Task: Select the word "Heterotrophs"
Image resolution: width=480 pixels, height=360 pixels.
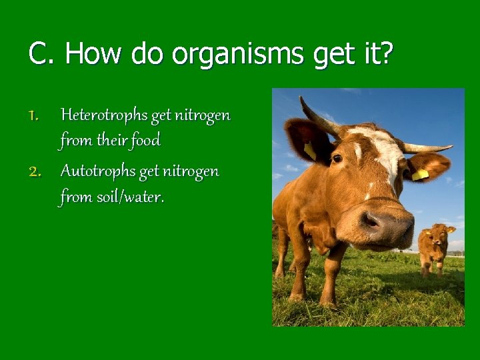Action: coord(104,115)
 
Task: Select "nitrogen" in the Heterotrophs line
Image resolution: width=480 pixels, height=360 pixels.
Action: coord(203,115)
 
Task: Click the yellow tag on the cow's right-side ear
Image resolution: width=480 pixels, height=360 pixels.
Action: coord(419,175)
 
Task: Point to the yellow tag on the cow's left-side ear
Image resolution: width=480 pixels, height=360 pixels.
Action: coord(309,151)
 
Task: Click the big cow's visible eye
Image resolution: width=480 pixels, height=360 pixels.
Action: coord(337,159)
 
